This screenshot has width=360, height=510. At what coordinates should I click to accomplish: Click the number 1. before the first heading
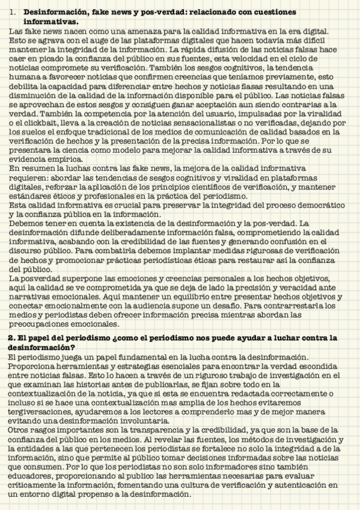point(13,12)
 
